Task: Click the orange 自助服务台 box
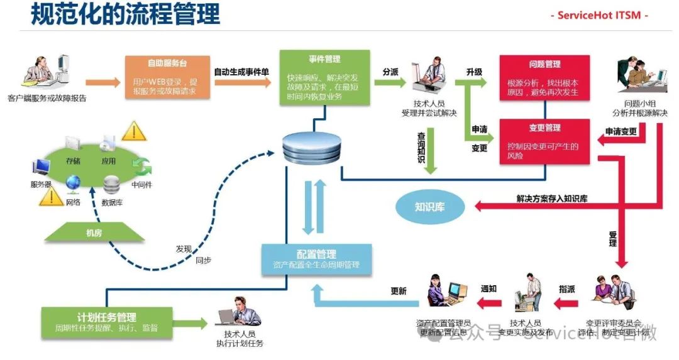click(167, 78)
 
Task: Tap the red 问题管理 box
click(544, 78)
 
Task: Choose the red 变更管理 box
click(544, 142)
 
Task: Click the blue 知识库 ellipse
click(429, 205)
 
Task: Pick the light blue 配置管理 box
click(317, 259)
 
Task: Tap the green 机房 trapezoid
click(94, 232)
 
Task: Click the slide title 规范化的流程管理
click(126, 14)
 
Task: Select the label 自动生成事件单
click(241, 72)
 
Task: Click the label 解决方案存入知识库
click(551, 199)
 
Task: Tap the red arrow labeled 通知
click(489, 304)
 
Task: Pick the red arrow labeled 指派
click(566, 304)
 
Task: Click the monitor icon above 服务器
click(41, 166)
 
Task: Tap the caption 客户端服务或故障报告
click(47, 98)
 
